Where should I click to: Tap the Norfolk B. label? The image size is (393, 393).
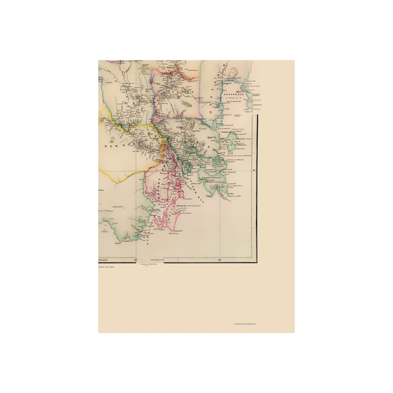210,169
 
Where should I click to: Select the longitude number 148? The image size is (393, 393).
220,260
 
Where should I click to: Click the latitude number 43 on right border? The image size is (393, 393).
254,171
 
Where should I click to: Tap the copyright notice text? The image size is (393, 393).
245,324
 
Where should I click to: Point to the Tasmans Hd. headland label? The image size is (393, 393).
178,231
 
